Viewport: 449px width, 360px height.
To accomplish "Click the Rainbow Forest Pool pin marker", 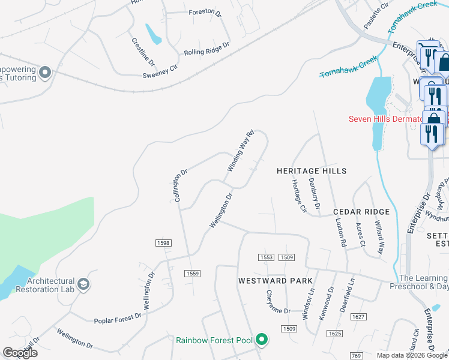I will click(261, 340).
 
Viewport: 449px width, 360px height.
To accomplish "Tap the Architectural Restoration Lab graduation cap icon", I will click(83, 284).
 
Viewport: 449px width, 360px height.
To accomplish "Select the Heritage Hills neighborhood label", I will click(312, 171).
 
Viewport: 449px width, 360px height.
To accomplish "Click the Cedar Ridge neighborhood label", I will click(361, 212).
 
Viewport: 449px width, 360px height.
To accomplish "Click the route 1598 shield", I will click(163, 243).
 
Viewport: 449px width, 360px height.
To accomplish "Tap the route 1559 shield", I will click(192, 273).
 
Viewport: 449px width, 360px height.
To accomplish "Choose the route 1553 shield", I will click(267, 257).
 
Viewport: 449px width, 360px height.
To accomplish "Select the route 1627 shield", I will click(358, 317).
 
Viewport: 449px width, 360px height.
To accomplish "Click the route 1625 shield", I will click(334, 333).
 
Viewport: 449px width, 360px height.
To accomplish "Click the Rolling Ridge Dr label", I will click(207, 49).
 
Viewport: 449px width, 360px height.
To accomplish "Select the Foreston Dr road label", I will click(205, 12).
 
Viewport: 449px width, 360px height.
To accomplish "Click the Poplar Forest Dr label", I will click(118, 318).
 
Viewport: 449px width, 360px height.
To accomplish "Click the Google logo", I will click(20, 353).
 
